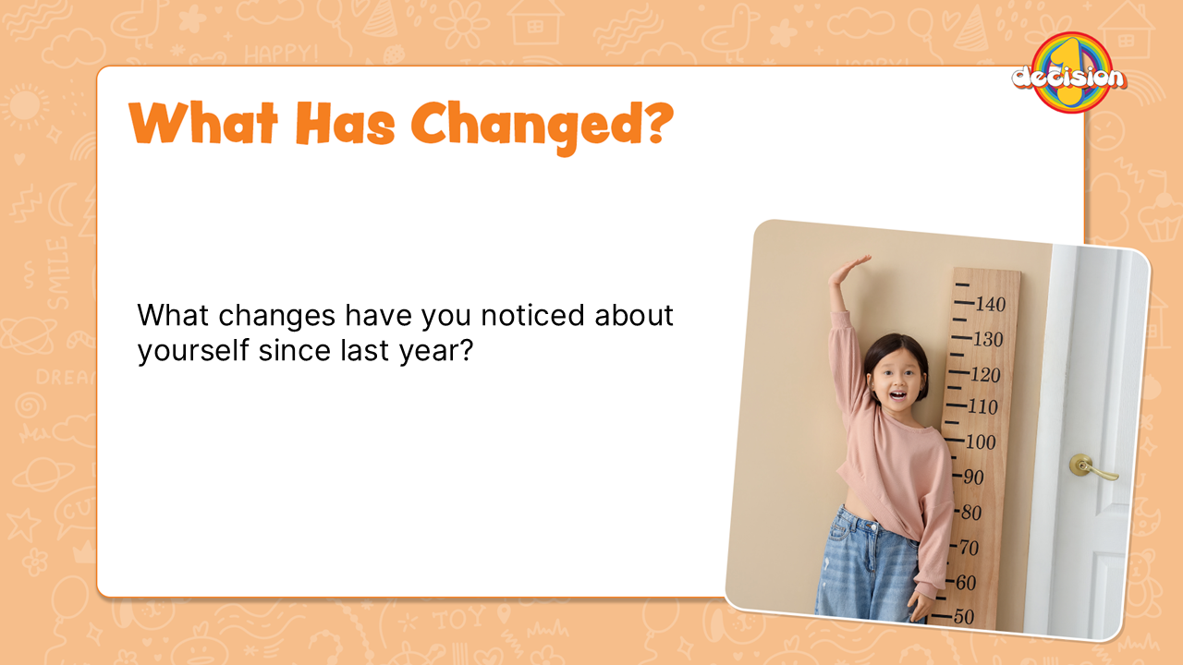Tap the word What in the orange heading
203,123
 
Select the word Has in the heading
346,123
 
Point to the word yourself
193,350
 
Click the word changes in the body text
277,317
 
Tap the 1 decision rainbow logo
1069,73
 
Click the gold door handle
1092,467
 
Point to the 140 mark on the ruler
990,305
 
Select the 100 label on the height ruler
981,441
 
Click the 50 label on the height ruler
964,616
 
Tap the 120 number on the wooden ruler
985,375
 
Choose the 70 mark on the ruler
970,548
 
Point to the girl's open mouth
897,394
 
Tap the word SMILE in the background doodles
57,273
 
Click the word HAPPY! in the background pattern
282,54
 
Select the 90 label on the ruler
973,478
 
